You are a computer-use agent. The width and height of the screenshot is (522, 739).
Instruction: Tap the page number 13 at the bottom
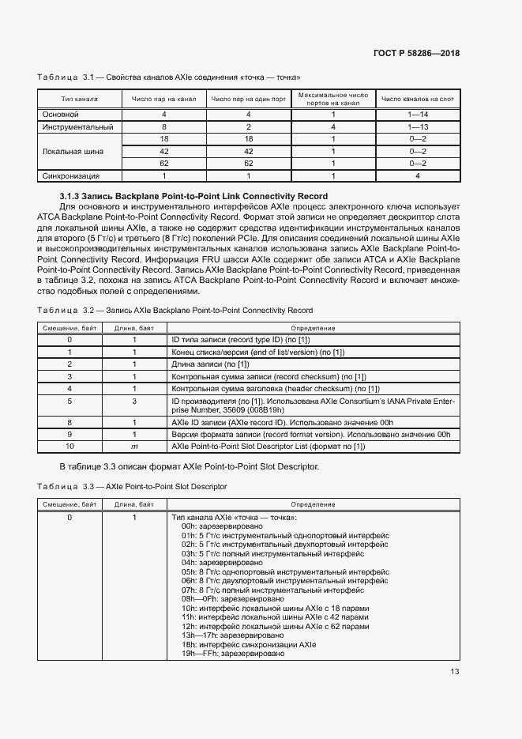pyautogui.click(x=454, y=672)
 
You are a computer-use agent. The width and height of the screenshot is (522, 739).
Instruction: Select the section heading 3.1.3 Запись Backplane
pyautogui.click(x=193, y=195)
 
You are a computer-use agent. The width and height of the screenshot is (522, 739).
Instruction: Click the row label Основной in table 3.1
pyautogui.click(x=60, y=115)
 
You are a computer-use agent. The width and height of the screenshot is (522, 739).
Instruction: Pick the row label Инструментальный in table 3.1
pyautogui.click(x=78, y=126)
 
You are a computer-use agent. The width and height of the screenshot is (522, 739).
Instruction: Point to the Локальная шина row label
pyautogui.click(x=72, y=151)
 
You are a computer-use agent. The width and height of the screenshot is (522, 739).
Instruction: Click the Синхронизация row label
pyautogui.click(x=71, y=175)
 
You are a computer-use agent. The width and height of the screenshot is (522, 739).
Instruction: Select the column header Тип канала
pyautogui.click(x=79, y=100)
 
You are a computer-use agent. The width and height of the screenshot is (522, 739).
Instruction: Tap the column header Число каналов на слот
pyautogui.click(x=417, y=100)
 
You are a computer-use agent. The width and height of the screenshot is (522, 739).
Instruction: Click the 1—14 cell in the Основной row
pyautogui.click(x=417, y=115)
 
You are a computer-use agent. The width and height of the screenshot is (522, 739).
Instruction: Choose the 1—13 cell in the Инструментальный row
pyautogui.click(x=417, y=126)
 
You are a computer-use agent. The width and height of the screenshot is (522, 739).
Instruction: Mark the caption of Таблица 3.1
pyautogui.click(x=168, y=77)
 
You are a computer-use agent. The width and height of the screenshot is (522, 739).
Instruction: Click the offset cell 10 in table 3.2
pyautogui.click(x=69, y=447)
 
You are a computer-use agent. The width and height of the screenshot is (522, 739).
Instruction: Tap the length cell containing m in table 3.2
pyautogui.click(x=134, y=447)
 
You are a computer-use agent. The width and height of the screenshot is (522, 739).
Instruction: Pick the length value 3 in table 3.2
pyautogui.click(x=134, y=402)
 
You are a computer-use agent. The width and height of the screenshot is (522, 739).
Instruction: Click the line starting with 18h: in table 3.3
pyautogui.click(x=249, y=645)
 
